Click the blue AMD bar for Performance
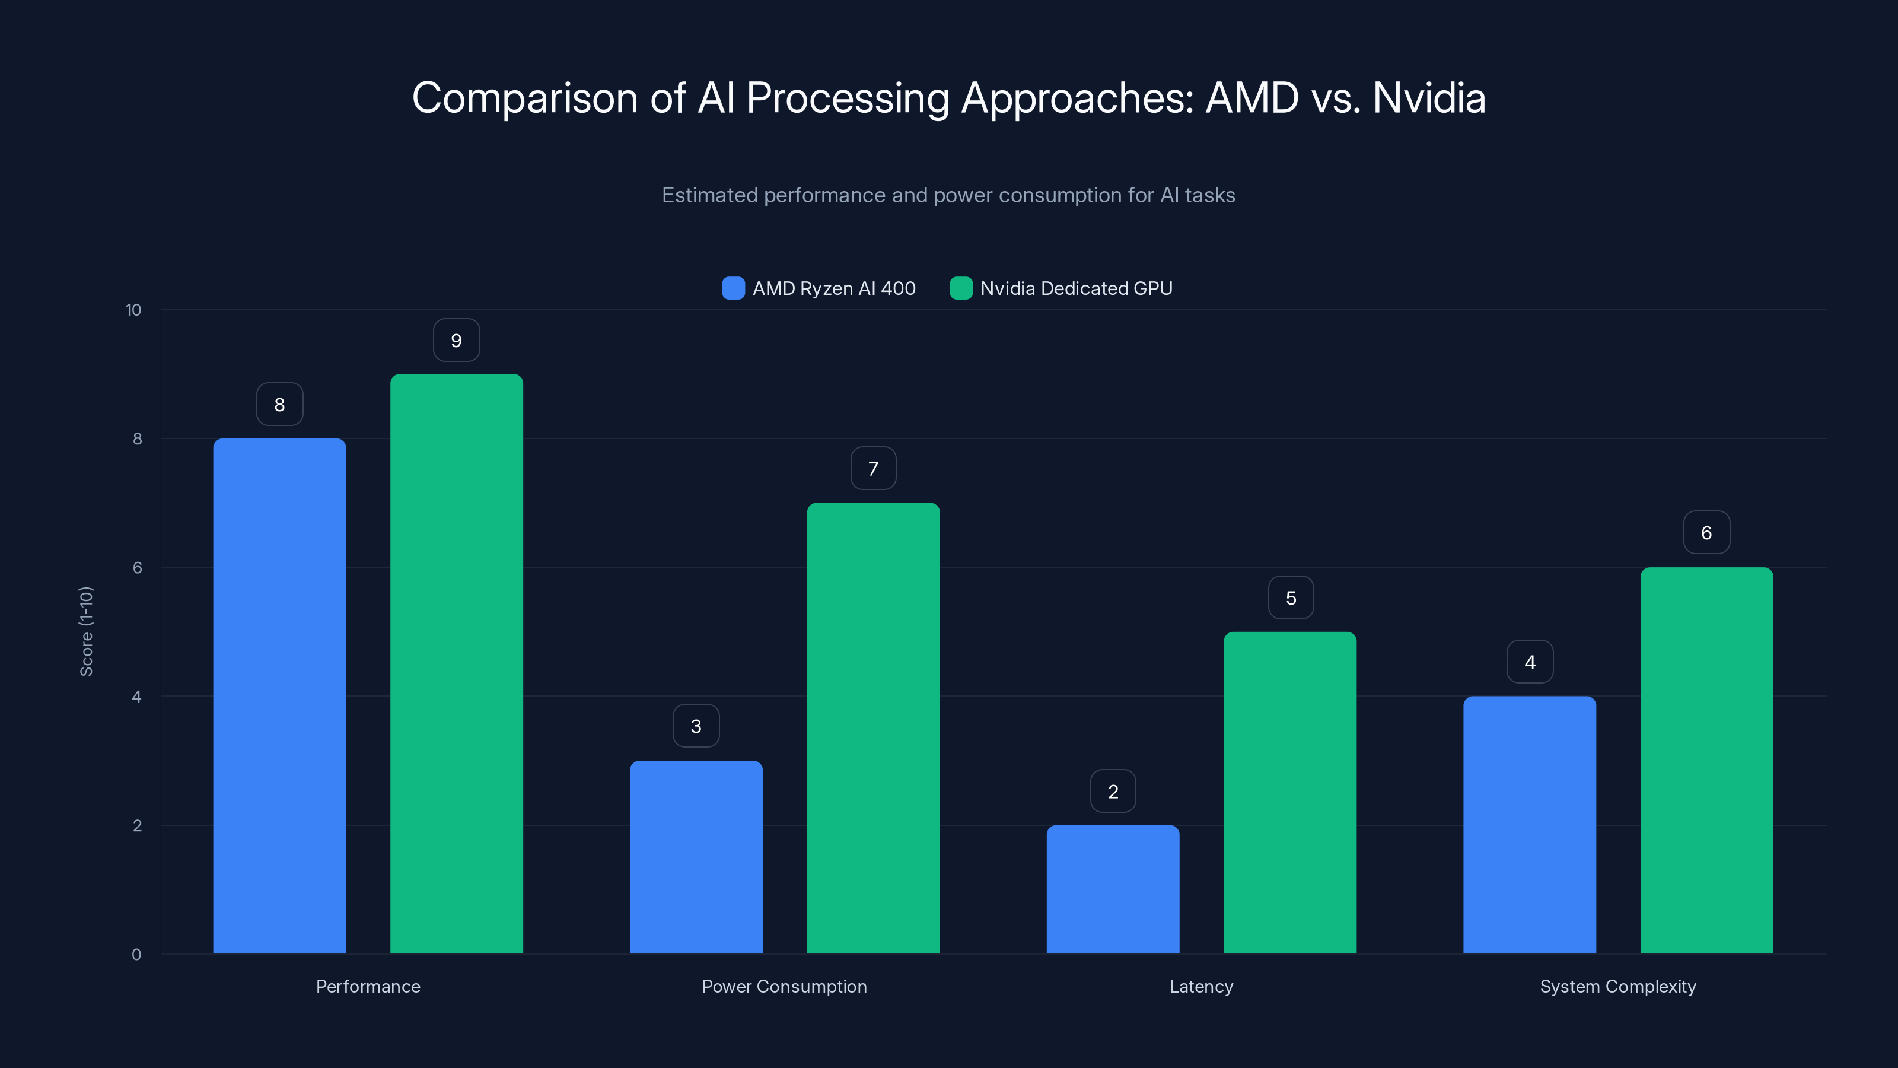279,696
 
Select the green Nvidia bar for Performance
456,663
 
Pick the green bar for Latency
1289,792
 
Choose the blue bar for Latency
1113,889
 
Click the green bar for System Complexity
1706,760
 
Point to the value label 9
456,340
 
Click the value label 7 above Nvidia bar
873,468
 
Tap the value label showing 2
1113,791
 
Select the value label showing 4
1530,662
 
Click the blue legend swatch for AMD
733,288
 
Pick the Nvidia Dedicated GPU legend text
1076,288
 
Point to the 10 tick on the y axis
133,310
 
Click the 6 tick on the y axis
137,568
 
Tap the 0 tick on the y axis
136,955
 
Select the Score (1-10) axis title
86,632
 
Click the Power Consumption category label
784,986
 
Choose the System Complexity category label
1617,986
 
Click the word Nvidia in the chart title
1429,97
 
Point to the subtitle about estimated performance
948,195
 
